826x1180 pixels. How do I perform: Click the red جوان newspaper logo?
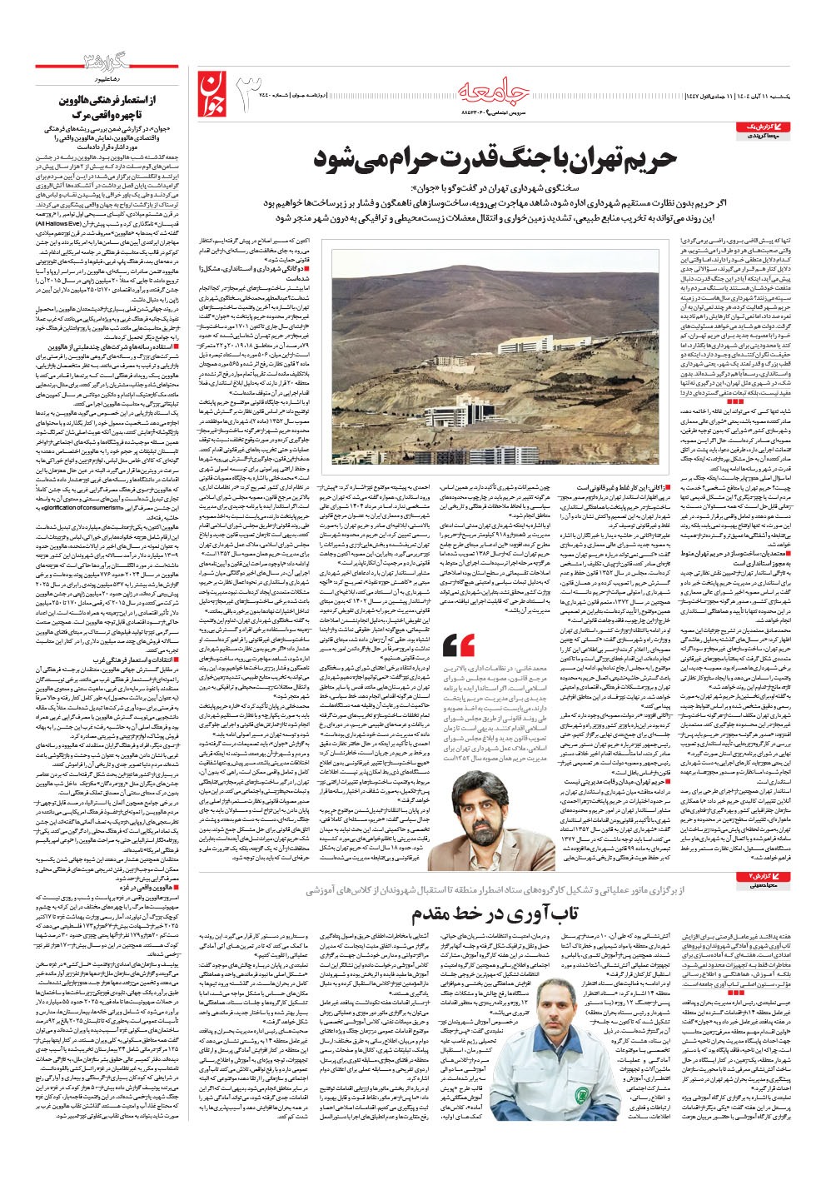214,92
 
